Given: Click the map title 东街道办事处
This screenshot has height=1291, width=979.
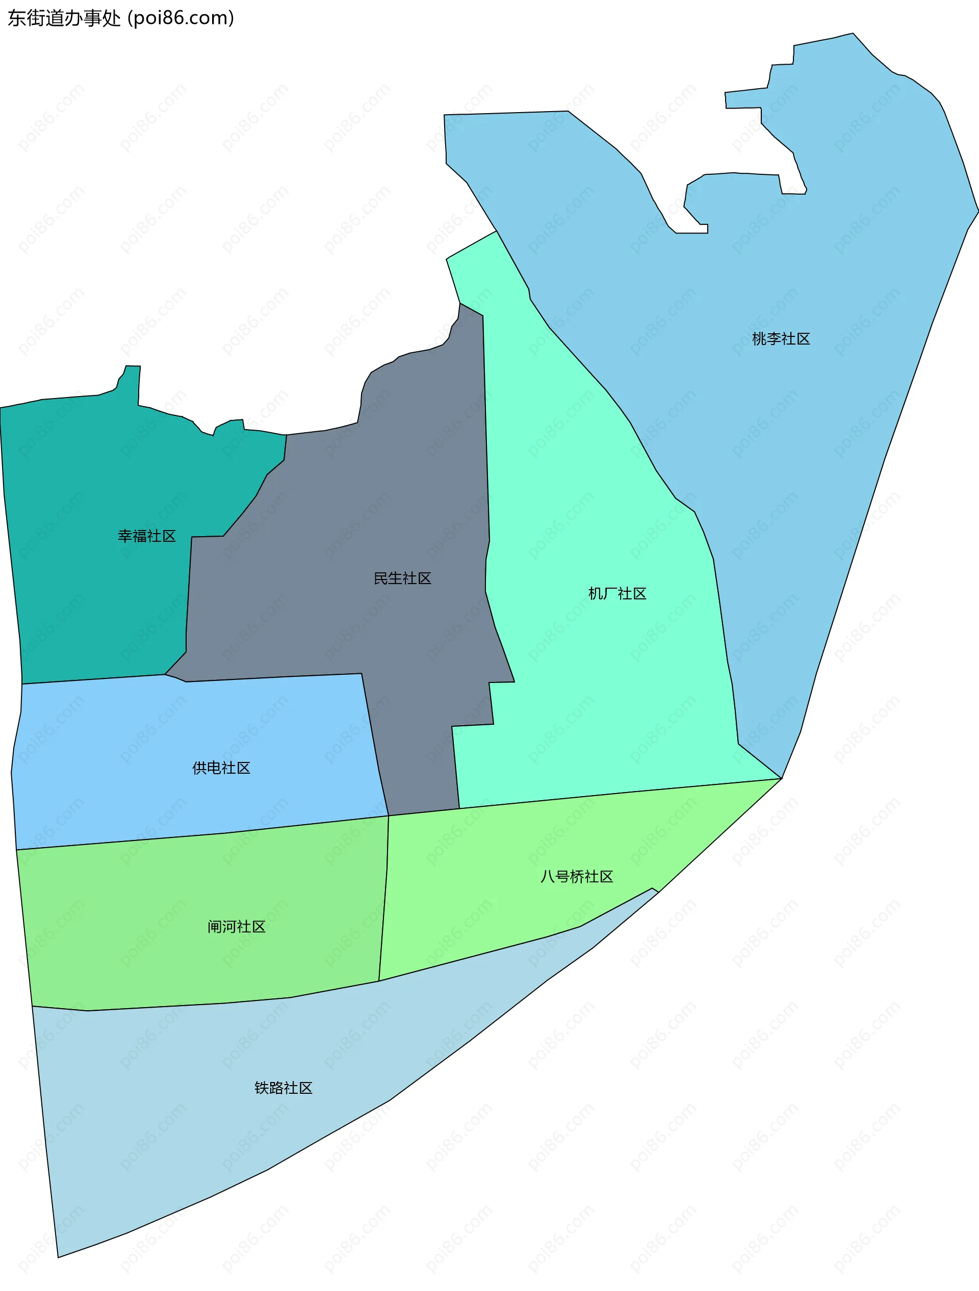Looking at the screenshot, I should (64, 18).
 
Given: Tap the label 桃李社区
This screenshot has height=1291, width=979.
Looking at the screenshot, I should (781, 338).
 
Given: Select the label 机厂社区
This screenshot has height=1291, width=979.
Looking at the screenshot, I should (617, 594).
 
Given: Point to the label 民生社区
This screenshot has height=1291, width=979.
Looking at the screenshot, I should (402, 578).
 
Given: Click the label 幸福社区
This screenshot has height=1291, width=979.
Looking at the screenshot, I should (146, 536).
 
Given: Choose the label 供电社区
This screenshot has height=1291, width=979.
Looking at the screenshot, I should (221, 768).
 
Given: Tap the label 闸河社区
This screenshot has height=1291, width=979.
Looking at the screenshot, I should (237, 926).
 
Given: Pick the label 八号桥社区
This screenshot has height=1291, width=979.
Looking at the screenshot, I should (576, 876).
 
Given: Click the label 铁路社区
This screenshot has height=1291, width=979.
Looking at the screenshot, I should (283, 1087).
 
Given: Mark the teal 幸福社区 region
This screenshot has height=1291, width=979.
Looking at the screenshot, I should (88, 584).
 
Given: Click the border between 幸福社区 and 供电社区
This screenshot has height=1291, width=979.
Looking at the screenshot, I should (93, 679).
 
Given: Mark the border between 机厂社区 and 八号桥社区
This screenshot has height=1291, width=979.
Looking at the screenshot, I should (619, 793).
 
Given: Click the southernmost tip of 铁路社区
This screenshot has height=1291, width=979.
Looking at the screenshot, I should (58, 1257).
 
